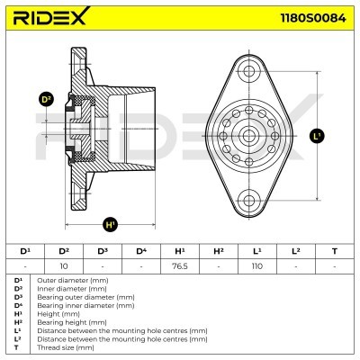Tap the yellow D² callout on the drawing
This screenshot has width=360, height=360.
[47, 100]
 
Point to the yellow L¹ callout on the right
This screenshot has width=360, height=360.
[316, 137]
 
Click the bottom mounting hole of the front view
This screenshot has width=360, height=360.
[250, 199]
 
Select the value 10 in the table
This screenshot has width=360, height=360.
[63, 266]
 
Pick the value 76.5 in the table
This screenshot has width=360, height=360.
[179, 266]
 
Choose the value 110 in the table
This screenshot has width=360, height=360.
[256, 266]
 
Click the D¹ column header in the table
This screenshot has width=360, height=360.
[24, 251]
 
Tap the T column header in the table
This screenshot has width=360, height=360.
[334, 251]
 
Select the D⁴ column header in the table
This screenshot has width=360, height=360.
[140, 251]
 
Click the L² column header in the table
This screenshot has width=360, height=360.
[295, 251]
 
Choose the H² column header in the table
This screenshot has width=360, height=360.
[218, 251]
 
